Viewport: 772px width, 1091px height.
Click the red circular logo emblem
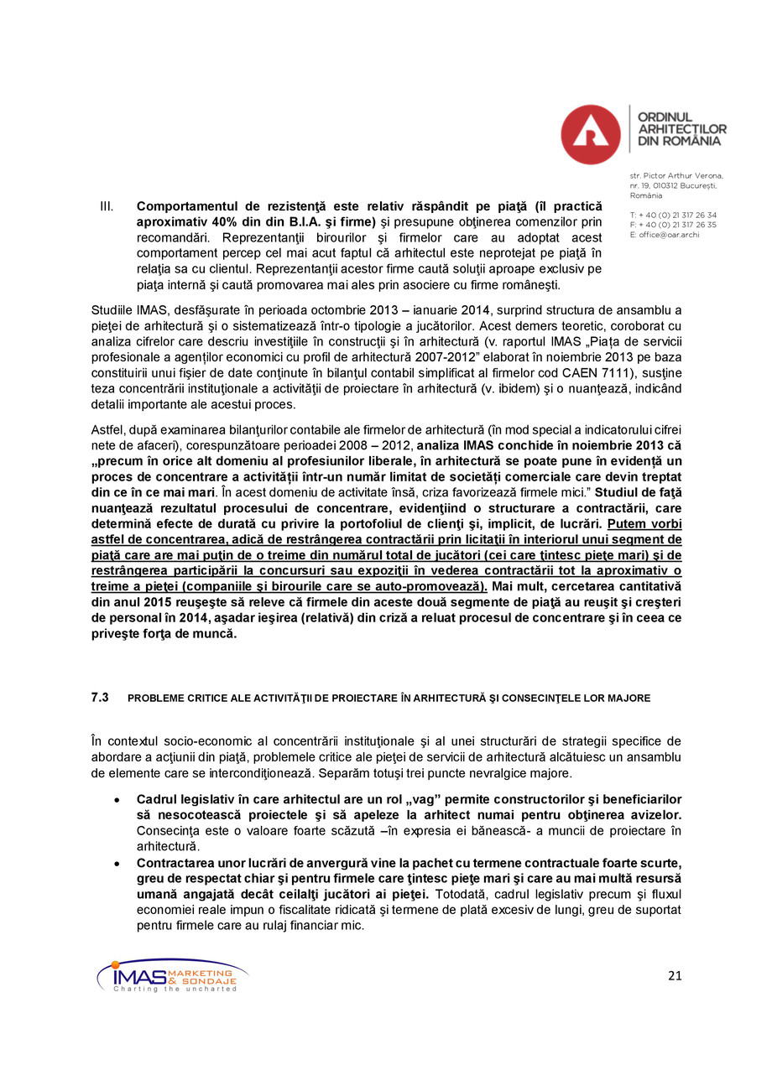point(590,134)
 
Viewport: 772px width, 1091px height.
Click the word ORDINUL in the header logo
point(665,117)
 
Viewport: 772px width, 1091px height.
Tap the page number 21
point(675,974)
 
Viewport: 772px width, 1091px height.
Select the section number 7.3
point(100,698)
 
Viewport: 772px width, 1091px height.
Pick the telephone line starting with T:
point(672,215)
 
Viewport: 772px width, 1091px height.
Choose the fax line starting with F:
point(672,225)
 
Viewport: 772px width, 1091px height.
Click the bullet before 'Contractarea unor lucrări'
point(117,863)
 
